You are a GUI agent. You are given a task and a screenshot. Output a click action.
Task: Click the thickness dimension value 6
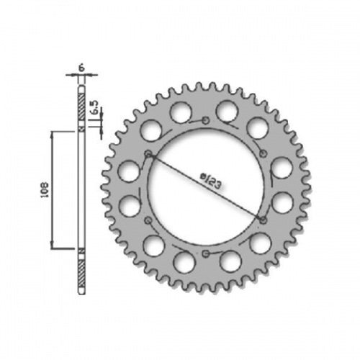(81, 66)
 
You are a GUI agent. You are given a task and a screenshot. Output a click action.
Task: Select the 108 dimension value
(42, 189)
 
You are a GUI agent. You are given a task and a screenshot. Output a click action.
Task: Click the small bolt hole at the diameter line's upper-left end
(148, 154)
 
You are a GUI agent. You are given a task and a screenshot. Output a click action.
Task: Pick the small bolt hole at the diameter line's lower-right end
(262, 220)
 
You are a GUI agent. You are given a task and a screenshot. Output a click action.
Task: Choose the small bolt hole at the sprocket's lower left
(148, 220)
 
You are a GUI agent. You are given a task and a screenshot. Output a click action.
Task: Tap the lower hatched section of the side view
(81, 266)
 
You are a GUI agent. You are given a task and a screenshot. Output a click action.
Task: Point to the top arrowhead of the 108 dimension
(53, 135)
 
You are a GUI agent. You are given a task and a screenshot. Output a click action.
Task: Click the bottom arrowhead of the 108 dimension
(53, 246)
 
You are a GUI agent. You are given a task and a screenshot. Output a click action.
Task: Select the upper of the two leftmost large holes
(128, 171)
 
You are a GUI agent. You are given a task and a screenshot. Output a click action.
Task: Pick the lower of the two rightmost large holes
(282, 203)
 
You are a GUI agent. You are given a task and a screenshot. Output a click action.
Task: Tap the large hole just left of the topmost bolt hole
(181, 112)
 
